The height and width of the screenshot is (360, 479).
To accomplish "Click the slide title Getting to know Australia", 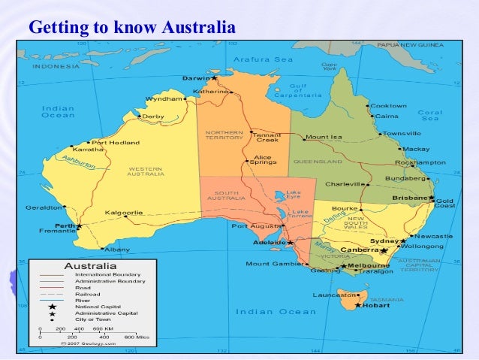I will pos(131,29).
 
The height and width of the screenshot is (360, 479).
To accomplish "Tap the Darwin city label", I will pos(196,77).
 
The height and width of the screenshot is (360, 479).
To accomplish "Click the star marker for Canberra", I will pos(383,250).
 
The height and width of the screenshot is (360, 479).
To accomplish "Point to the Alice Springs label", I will pos(264,159).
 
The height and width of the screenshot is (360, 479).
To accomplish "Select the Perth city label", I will pos(65,225).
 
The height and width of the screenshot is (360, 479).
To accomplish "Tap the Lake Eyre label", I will pos(294,195).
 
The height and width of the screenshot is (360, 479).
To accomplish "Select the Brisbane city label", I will pos(409,198).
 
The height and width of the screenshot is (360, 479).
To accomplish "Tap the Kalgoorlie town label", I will pos(124,213).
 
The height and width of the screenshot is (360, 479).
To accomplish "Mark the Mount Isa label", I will pos(324,138).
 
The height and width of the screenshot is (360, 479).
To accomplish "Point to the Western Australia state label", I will pos(146,171).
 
